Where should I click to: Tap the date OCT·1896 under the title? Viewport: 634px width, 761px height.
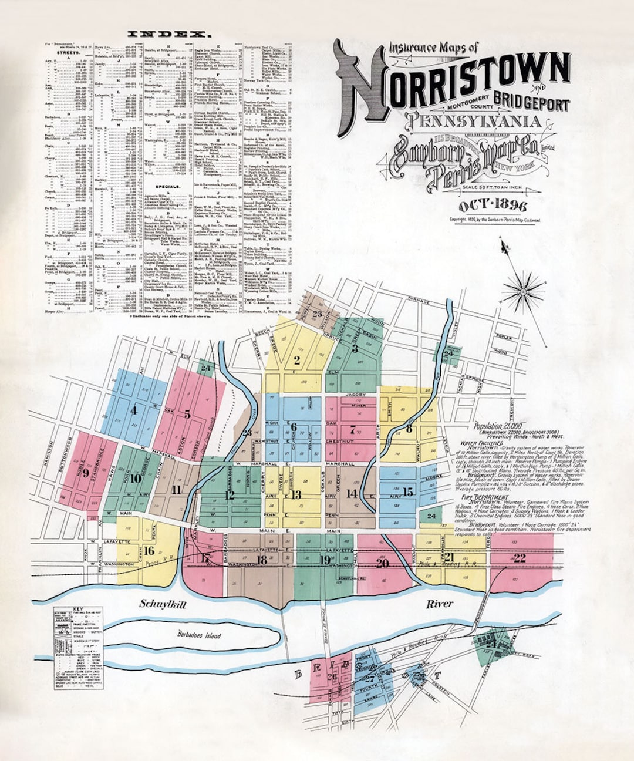tap(493, 206)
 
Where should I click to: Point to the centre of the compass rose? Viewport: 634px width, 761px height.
tap(524, 289)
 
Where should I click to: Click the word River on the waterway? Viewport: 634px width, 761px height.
tap(440, 604)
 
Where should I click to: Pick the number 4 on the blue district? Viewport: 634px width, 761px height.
tap(134, 410)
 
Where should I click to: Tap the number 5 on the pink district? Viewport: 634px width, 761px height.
tap(187, 414)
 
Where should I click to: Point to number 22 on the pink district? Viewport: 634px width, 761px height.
tap(519, 558)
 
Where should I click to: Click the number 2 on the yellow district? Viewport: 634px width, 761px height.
tap(297, 361)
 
